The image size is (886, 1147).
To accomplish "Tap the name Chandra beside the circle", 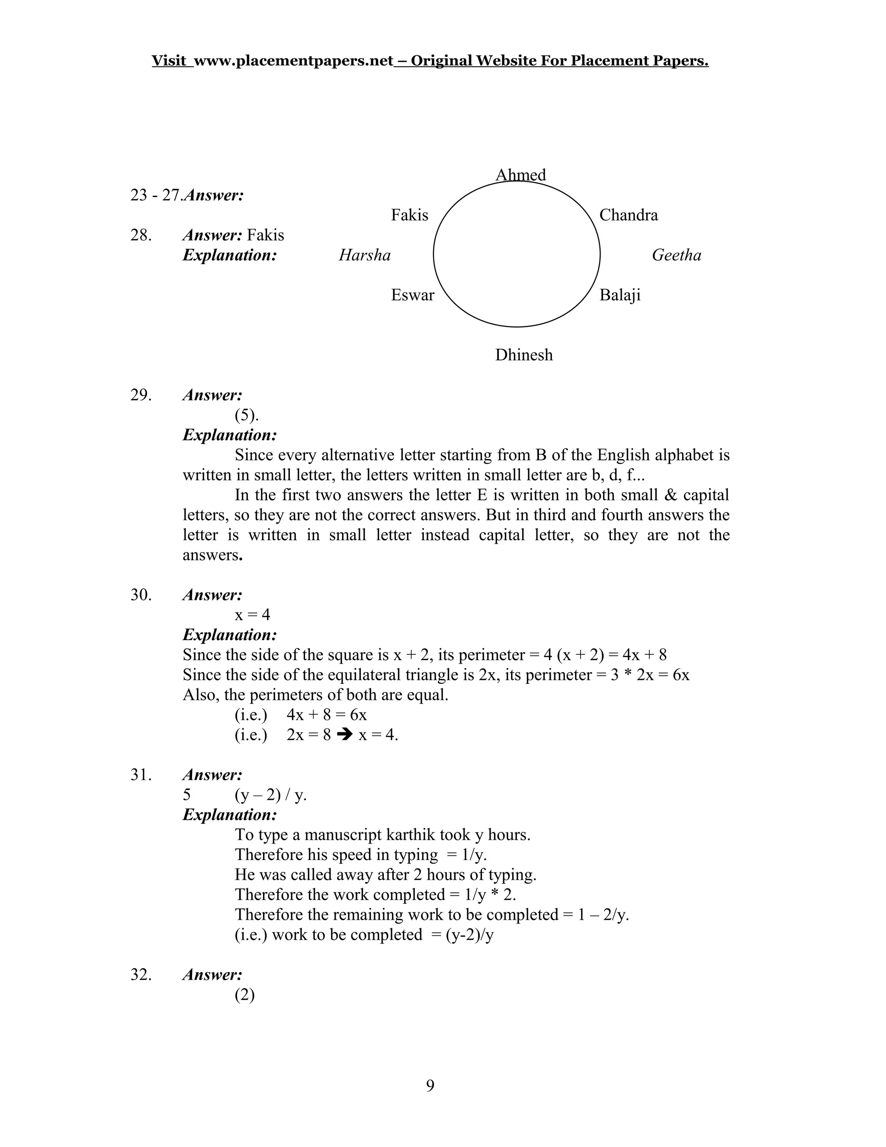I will [628, 215].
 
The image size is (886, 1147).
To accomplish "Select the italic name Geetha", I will [676, 255].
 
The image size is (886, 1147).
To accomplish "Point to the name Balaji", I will [620, 295].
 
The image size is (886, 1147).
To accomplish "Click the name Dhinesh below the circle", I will [524, 355].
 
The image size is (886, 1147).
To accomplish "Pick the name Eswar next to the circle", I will [413, 295].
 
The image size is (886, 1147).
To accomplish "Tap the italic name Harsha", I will [365, 255].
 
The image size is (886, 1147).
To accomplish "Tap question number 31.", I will [141, 775].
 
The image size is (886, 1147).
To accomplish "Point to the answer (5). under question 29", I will [246, 415].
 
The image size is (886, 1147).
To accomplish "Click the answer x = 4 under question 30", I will [253, 615].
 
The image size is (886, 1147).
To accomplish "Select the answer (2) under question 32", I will [244, 995].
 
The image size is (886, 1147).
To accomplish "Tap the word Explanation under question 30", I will [229, 635].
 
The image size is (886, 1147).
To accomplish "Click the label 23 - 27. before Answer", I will [155, 195].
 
